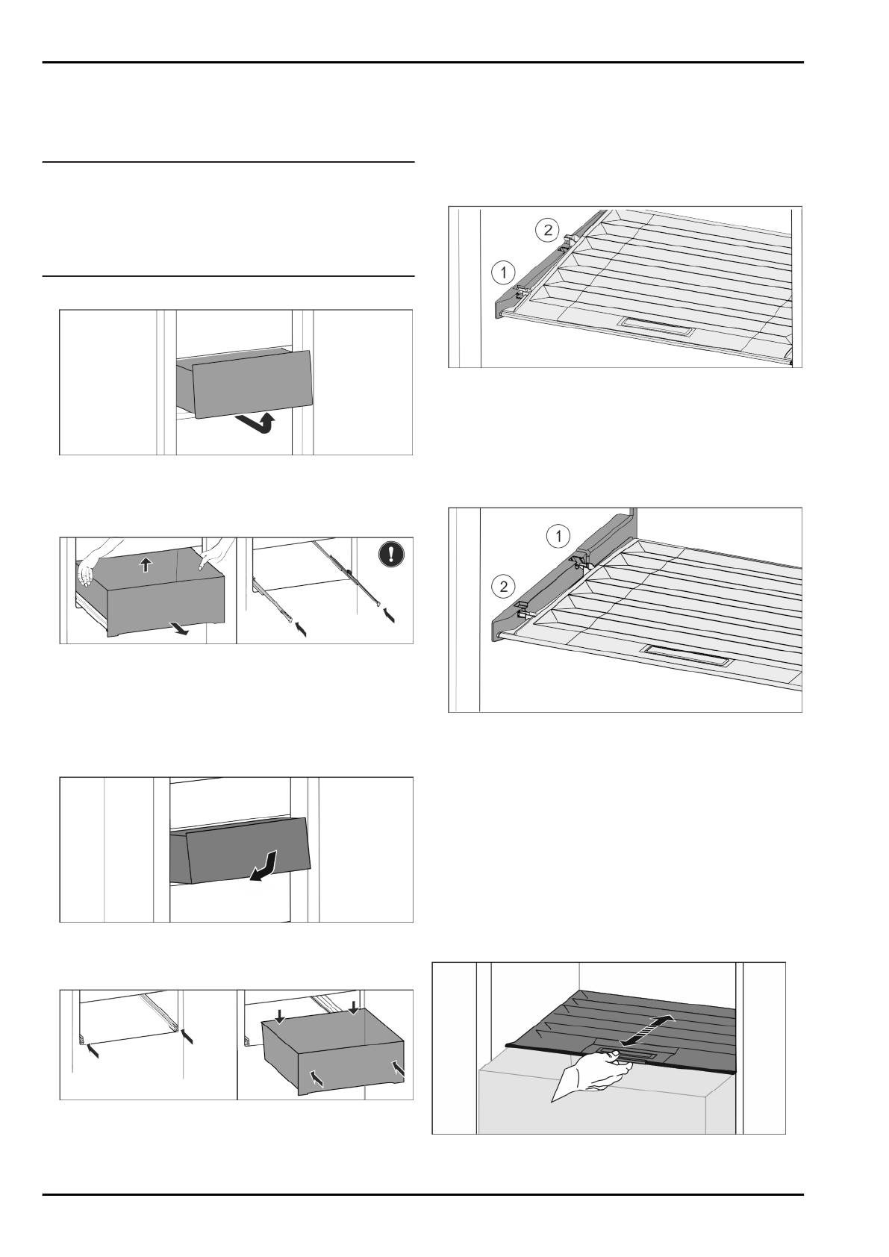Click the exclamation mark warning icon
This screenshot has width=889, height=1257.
click(393, 555)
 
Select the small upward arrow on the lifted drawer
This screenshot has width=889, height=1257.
click(146, 565)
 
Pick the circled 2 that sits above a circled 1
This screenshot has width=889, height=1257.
click(547, 230)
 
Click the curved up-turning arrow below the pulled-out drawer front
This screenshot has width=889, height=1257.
click(258, 425)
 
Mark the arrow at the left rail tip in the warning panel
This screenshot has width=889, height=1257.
click(300, 629)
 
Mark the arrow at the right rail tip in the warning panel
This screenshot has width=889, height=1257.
click(388, 615)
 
